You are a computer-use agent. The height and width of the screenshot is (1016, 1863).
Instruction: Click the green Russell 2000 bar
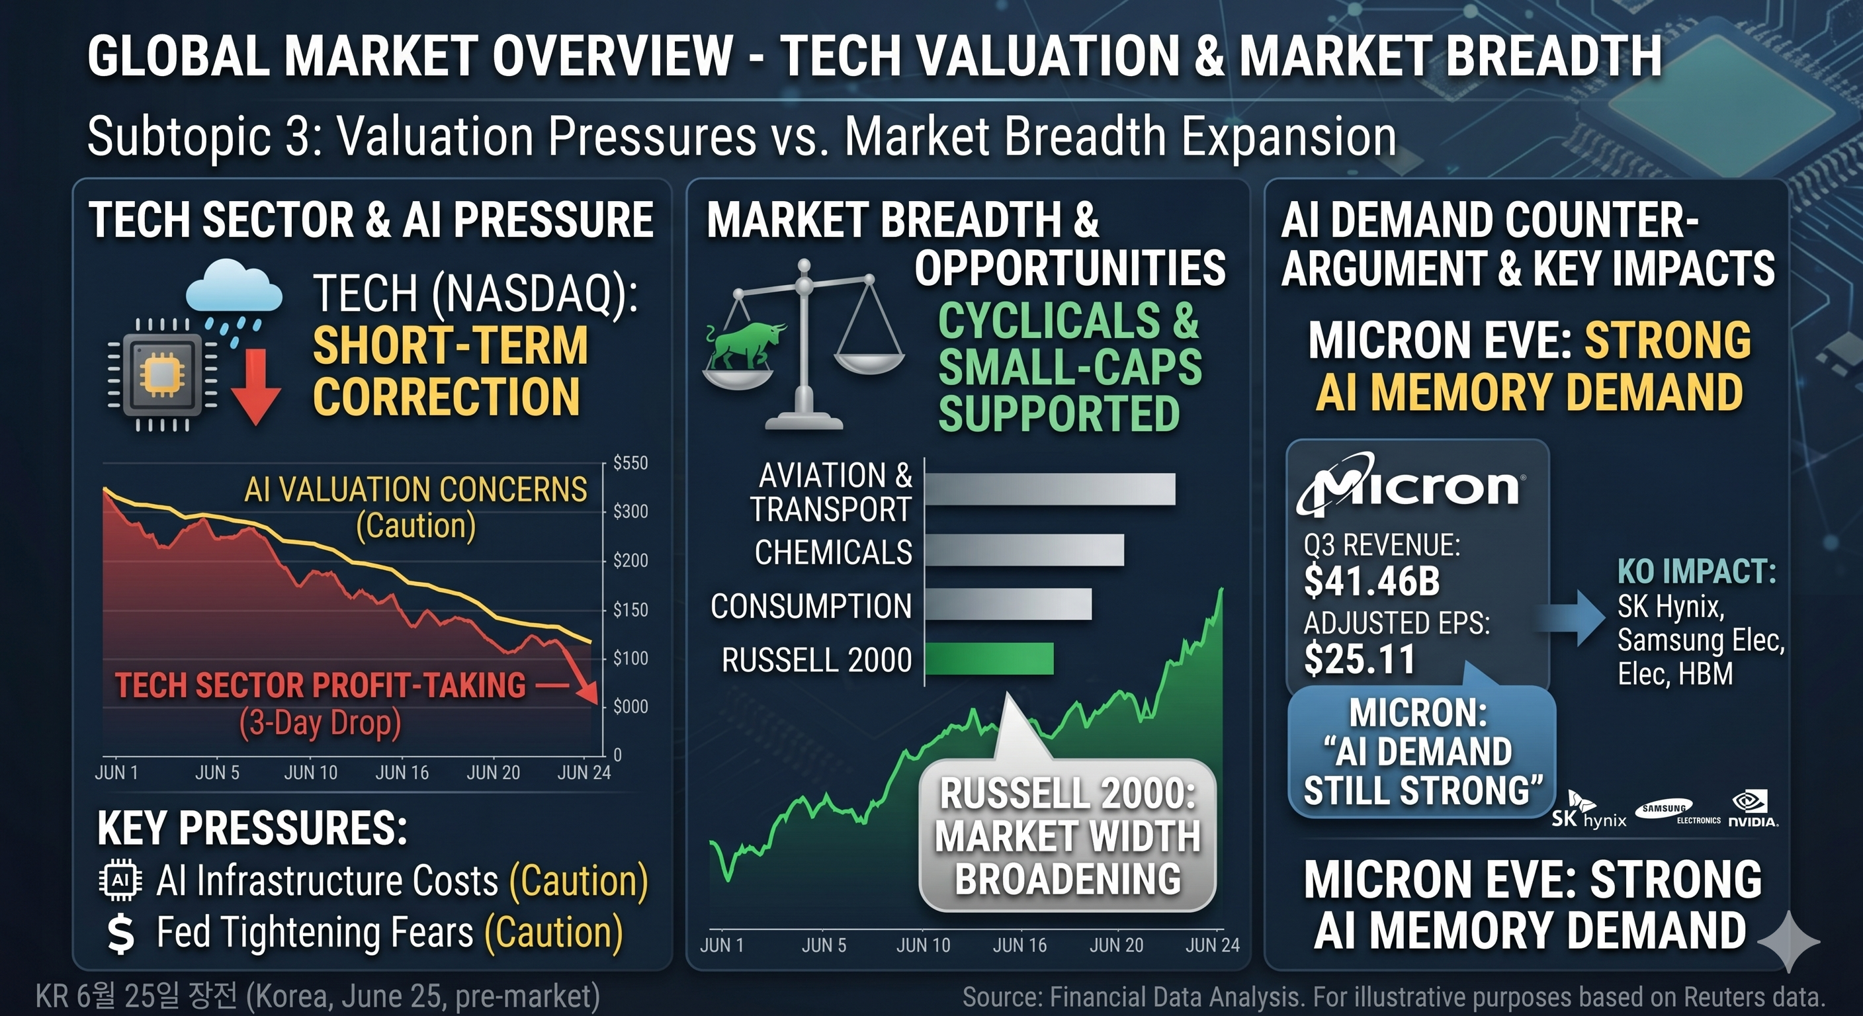click(989, 659)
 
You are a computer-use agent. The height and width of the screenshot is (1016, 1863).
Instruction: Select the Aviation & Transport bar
click(1050, 489)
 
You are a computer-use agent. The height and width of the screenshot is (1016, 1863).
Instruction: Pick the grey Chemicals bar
click(1025, 550)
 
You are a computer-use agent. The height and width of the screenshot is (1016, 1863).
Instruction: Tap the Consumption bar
click(1009, 604)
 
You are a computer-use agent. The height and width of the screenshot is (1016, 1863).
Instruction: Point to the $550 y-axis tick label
click(630, 463)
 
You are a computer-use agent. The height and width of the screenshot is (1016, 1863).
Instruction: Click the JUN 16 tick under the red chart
click(402, 773)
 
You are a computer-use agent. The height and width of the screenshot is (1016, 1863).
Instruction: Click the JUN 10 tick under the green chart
click(923, 945)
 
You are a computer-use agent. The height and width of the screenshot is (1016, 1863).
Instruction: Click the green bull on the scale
click(745, 346)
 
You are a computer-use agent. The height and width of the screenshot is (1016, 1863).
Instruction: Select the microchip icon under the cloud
click(162, 374)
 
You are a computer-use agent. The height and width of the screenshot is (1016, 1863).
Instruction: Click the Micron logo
click(1410, 484)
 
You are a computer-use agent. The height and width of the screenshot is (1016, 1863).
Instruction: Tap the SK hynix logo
click(1588, 810)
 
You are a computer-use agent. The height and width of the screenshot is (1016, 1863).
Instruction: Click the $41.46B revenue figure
click(1372, 581)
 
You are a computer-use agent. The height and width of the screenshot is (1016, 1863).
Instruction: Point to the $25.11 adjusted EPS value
click(1359, 659)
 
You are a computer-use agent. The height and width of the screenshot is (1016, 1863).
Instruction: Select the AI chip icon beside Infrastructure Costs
click(120, 880)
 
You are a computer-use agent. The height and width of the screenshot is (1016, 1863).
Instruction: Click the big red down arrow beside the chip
click(256, 387)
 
